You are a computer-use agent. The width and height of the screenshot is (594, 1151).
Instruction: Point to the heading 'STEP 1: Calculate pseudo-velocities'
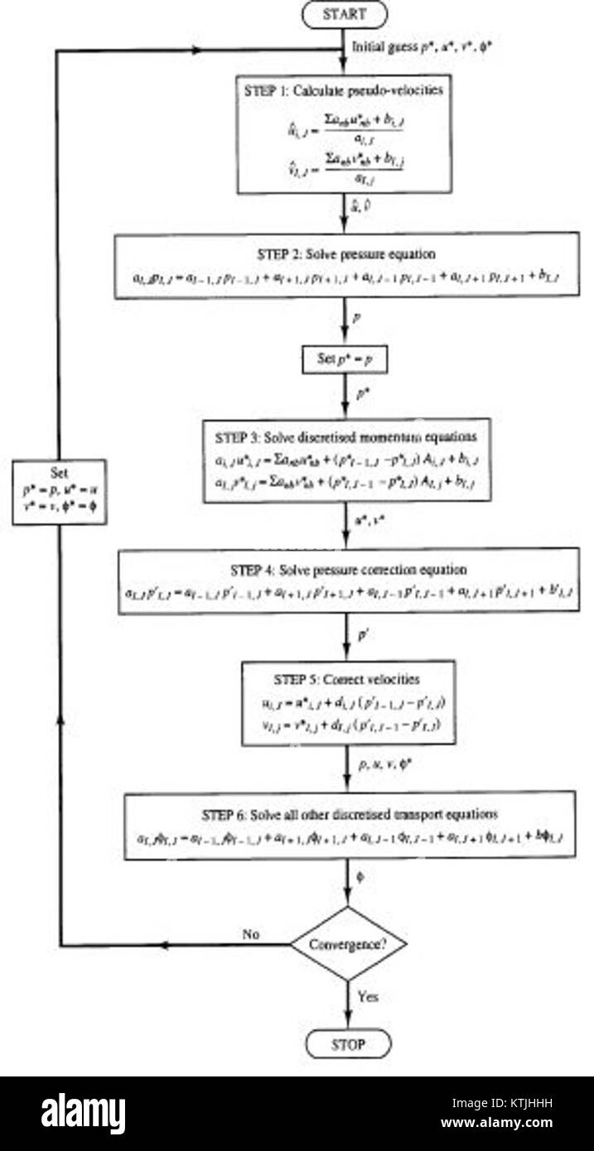pos(345,91)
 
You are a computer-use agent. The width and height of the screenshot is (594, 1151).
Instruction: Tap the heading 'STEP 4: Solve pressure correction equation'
pos(346,570)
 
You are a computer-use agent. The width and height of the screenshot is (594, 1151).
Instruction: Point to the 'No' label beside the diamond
pos(252,933)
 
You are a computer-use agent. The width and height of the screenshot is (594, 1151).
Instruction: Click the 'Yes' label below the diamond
pos(368,998)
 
